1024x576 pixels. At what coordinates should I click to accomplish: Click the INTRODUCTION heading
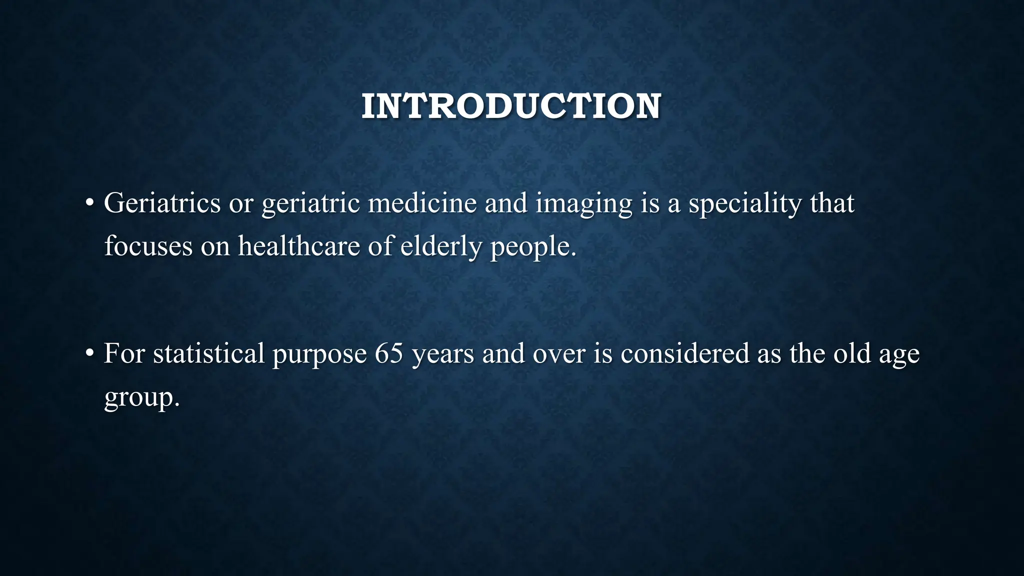[x=511, y=106]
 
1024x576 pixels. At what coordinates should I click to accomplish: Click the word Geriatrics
[x=162, y=203]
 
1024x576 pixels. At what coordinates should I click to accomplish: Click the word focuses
[x=148, y=246]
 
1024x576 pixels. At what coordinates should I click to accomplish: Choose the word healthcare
[x=298, y=246]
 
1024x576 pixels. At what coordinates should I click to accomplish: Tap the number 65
[x=389, y=353]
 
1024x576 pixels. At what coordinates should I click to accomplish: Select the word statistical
[x=208, y=353]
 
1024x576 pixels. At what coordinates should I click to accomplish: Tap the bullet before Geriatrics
[x=89, y=203]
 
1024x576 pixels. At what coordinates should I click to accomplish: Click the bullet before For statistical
[x=89, y=353]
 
